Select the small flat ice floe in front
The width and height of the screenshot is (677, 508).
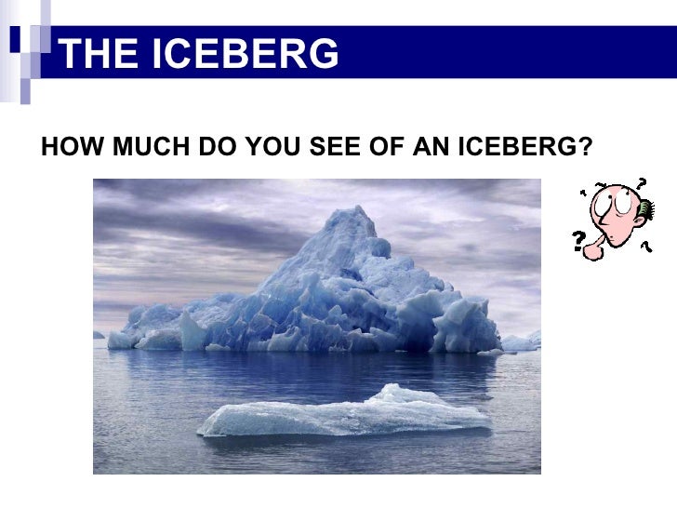pyautogui.click(x=344, y=415)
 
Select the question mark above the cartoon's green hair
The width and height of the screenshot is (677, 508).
pyautogui.click(x=641, y=182)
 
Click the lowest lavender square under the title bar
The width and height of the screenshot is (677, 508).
pyautogui.click(x=26, y=93)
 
